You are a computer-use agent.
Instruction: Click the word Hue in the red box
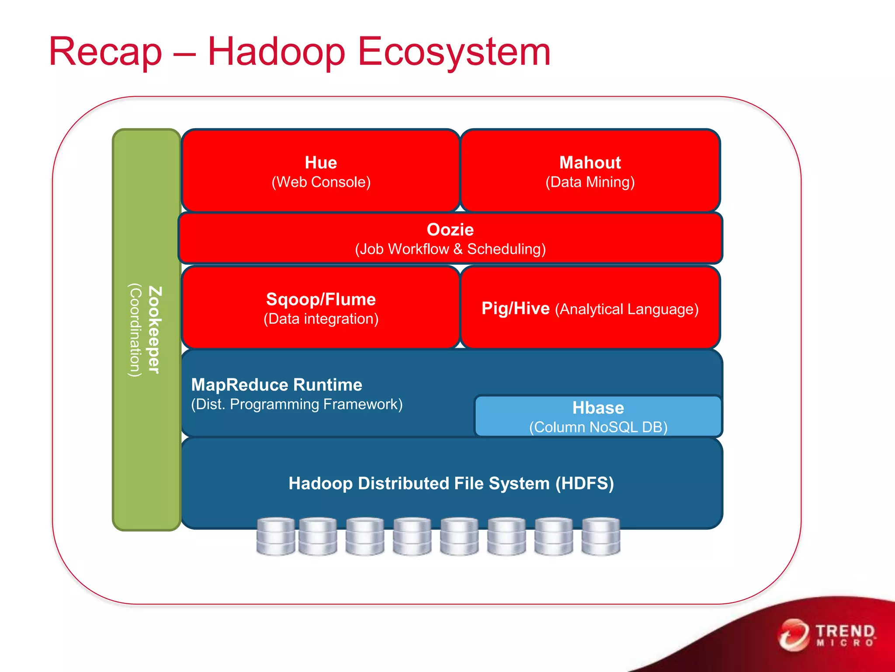tap(321, 163)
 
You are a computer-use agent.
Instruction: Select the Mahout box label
tap(590, 163)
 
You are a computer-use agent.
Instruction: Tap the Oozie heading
tap(450, 230)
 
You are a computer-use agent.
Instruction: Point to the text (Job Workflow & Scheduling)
tap(450, 249)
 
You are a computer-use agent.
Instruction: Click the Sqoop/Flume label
tap(321, 300)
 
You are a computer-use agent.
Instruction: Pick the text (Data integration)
tap(321, 319)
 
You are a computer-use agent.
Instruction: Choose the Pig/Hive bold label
tap(515, 309)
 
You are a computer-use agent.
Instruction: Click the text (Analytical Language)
tap(627, 309)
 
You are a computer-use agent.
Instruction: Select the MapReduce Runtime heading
tap(277, 385)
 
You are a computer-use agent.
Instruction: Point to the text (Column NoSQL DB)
tap(598, 427)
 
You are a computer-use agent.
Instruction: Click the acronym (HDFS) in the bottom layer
tap(585, 484)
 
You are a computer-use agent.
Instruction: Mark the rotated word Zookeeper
tap(155, 330)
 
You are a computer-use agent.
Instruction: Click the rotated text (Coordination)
tap(135, 330)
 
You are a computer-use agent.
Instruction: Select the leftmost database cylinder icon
tap(275, 536)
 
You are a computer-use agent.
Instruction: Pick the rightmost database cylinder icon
tap(601, 536)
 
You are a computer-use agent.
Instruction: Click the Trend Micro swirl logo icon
tap(794, 635)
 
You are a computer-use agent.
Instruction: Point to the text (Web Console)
tap(321, 182)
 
